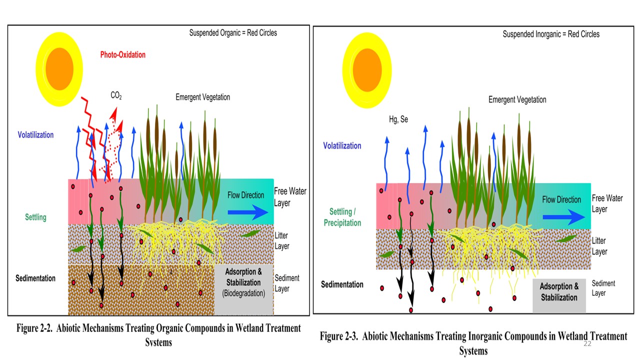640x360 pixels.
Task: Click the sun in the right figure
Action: (x=367, y=69)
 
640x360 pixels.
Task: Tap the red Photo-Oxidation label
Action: (x=122, y=54)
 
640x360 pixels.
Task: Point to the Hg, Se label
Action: (x=398, y=119)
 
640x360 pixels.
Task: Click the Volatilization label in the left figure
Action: (x=35, y=135)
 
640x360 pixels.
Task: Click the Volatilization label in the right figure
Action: (x=342, y=146)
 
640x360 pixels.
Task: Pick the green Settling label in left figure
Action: (x=35, y=217)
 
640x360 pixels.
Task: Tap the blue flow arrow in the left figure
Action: (x=247, y=211)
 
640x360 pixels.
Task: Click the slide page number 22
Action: (x=587, y=344)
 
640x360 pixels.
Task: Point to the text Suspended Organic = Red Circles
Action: (x=233, y=33)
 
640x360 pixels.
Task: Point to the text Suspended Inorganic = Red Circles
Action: (x=551, y=34)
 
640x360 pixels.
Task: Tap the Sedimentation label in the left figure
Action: (x=35, y=278)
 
